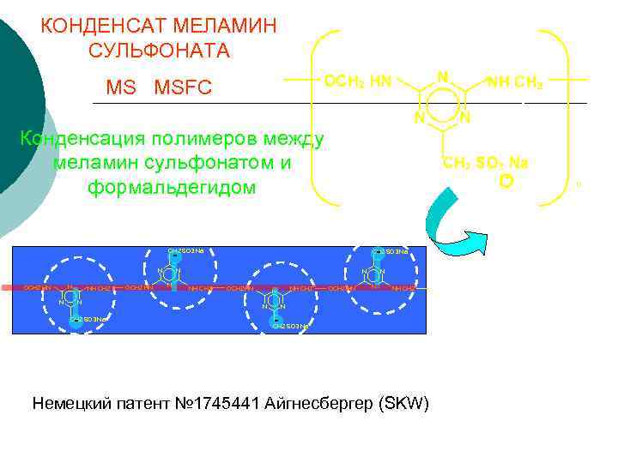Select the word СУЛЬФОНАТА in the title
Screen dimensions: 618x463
click(159, 51)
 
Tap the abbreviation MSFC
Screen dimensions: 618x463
click(183, 88)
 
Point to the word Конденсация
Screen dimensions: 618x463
click(82, 139)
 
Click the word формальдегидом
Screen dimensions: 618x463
click(172, 187)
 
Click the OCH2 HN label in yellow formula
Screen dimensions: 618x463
click(358, 81)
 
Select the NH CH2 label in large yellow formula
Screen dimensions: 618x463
click(514, 82)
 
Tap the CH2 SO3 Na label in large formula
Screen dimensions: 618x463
click(486, 163)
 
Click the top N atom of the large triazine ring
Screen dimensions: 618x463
click(441, 76)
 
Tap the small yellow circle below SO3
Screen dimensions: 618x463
click(506, 181)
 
